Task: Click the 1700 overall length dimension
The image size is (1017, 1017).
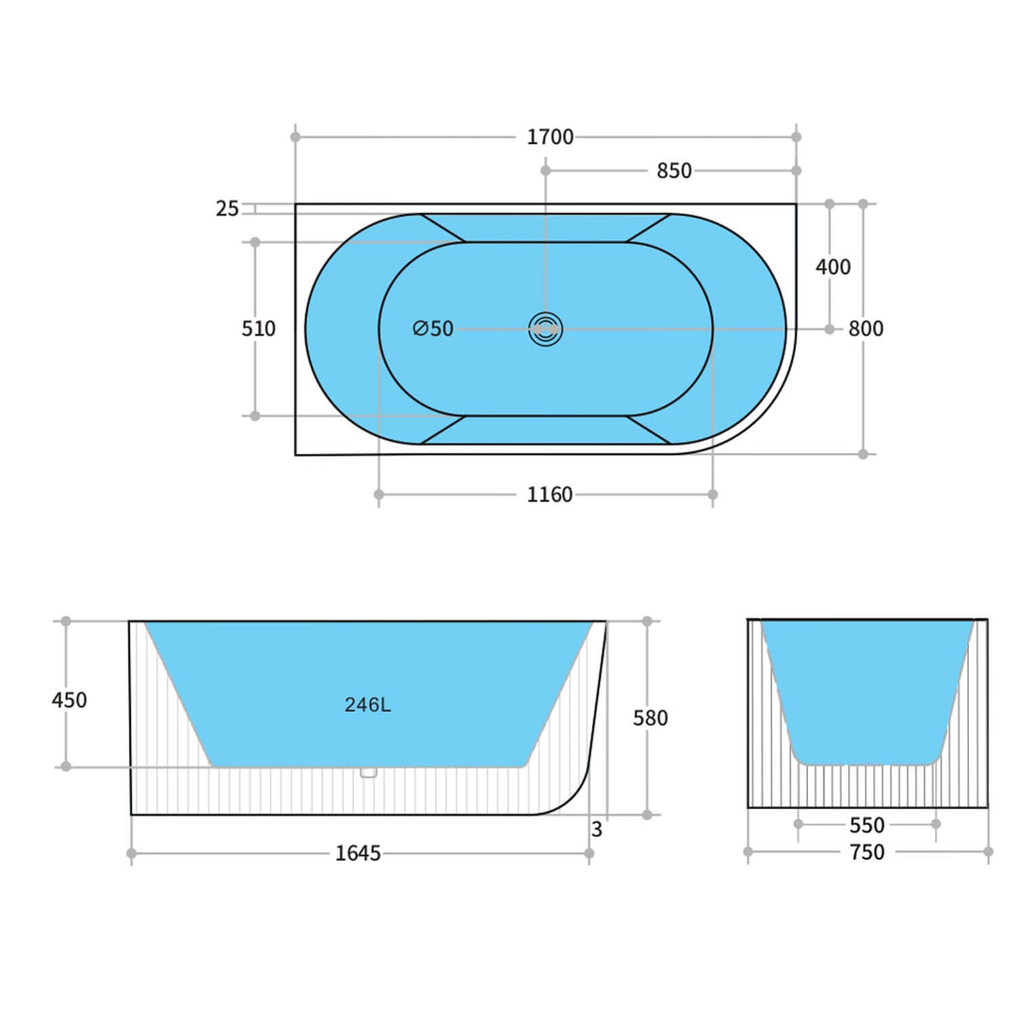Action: [x=550, y=137]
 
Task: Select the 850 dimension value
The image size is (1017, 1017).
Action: [x=673, y=170]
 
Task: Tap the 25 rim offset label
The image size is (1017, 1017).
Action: [x=227, y=209]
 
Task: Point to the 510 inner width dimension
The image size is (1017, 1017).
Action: [x=259, y=329]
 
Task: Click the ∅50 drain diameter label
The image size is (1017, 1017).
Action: [x=433, y=329]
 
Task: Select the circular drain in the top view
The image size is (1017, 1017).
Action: [x=545, y=329]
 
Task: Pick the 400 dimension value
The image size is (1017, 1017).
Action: [x=832, y=267]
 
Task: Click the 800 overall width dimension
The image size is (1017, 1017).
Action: [x=865, y=329]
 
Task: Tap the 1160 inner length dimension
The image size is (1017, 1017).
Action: [x=550, y=494]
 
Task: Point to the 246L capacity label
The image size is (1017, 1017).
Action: [x=367, y=705]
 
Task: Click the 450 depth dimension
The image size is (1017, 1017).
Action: [x=69, y=701]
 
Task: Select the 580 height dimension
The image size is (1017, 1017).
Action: [x=650, y=718]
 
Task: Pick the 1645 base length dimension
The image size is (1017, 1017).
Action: [x=358, y=854]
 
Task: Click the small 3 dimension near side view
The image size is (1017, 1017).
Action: [x=597, y=831]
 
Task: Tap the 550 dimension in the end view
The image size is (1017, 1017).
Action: [x=866, y=825]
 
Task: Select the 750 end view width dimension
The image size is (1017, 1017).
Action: [x=866, y=852]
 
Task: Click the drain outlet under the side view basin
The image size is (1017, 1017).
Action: [x=368, y=772]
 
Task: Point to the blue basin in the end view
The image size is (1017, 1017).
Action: [x=867, y=687]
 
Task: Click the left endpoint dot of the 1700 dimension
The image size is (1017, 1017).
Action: [x=296, y=137]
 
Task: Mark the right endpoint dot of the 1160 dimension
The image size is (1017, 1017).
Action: [x=712, y=494]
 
